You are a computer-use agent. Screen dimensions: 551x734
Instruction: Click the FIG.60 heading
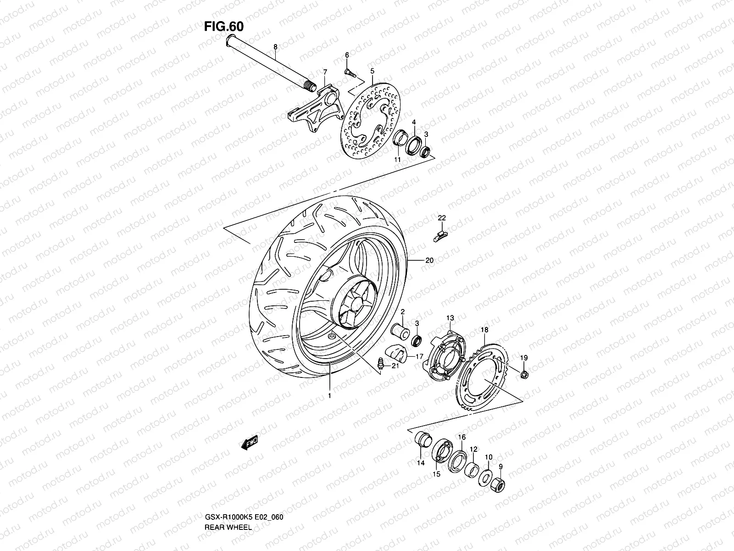(223, 27)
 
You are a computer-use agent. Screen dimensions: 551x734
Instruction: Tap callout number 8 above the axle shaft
(275, 47)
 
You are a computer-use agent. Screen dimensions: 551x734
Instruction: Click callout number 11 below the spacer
(398, 159)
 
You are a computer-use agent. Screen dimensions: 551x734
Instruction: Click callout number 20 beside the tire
(429, 260)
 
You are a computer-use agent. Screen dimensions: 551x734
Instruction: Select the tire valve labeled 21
(380, 363)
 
